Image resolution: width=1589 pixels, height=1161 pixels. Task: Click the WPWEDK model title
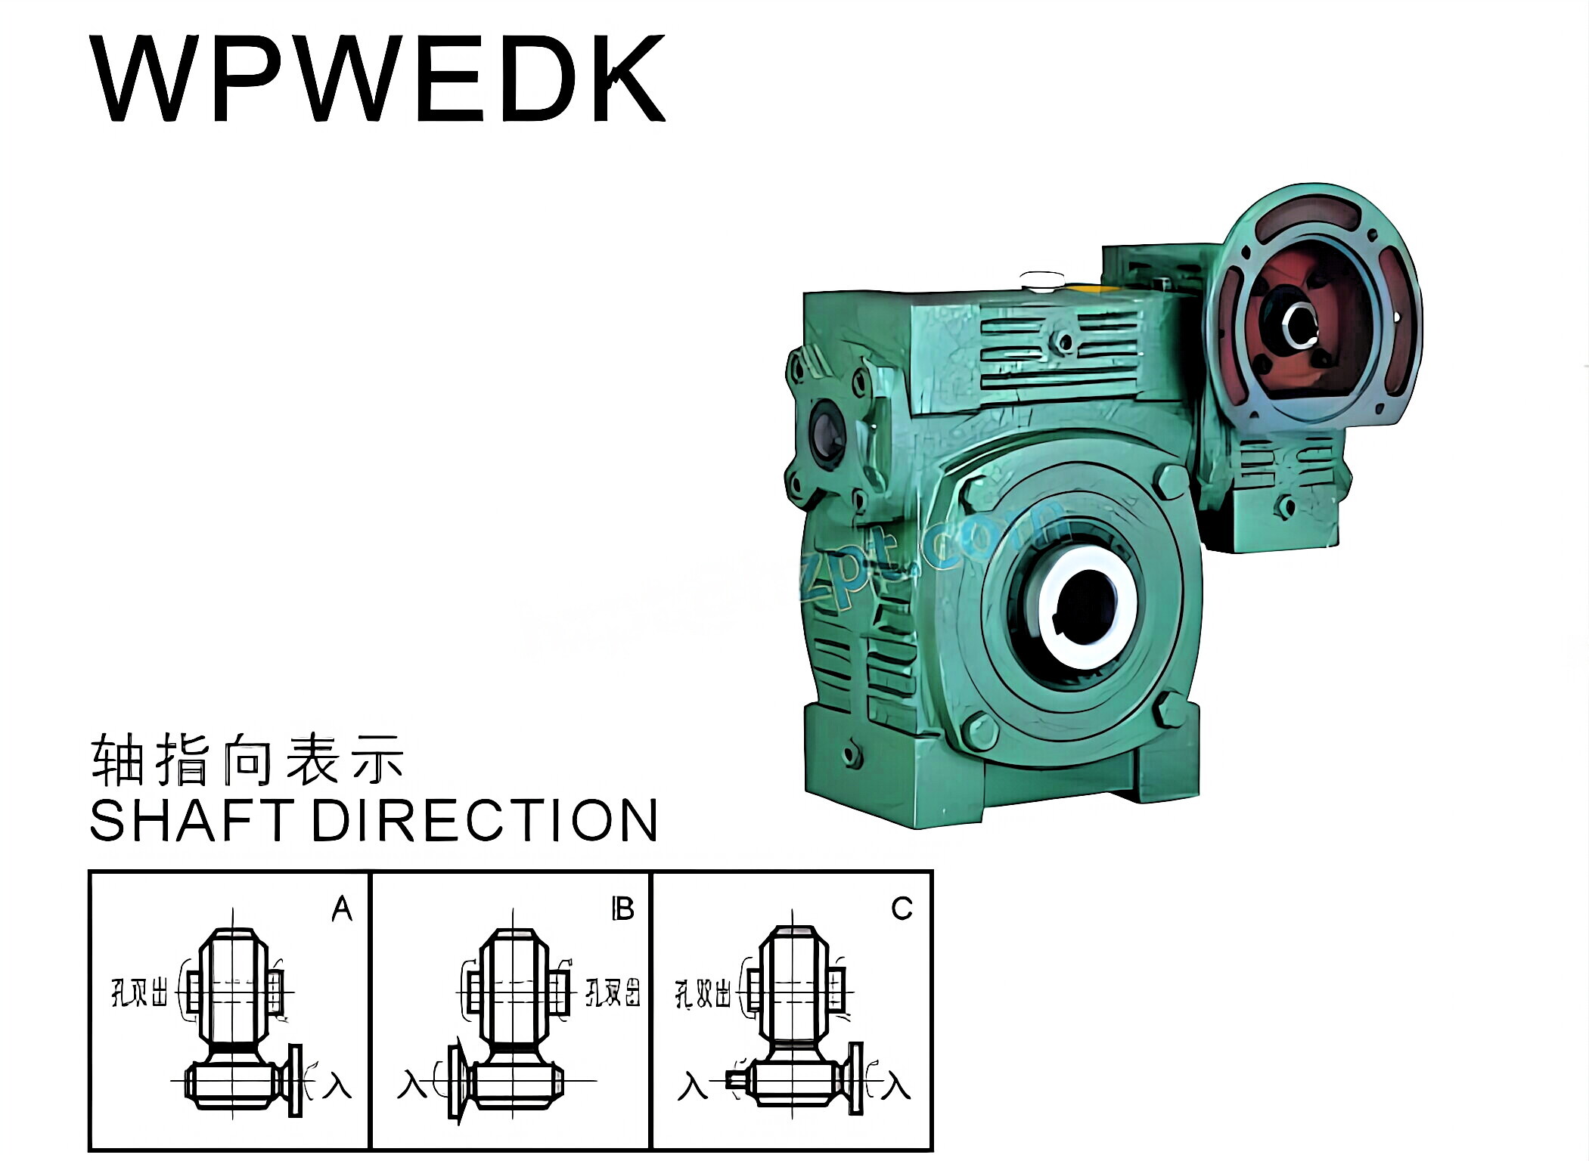pos(377,79)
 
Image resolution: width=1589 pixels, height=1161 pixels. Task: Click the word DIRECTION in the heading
pos(484,821)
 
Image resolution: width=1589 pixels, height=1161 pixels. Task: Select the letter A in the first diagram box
pos(342,909)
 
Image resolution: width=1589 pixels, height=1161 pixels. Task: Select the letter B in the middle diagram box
pos(622,909)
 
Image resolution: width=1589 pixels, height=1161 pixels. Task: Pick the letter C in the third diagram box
pos(902,909)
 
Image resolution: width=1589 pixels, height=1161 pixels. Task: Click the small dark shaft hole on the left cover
pos(826,434)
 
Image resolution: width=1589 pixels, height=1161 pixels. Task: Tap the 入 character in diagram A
pos(337,1086)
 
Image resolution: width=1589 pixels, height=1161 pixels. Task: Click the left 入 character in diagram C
pos(692,1086)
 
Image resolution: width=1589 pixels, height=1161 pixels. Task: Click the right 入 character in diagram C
pos(896,1086)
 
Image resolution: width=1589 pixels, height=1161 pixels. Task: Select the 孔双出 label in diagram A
pos(139,992)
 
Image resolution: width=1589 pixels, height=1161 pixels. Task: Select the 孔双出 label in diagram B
pos(613,992)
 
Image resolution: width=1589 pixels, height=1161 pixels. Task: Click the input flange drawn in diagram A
pos(294,1081)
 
